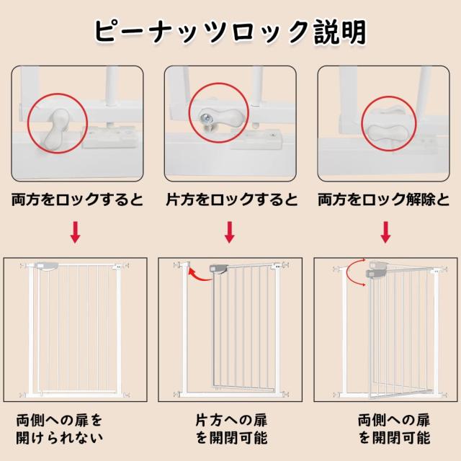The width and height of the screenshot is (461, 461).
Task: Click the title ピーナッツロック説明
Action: coord(230,32)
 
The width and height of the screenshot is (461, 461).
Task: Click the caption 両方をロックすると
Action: coord(77,200)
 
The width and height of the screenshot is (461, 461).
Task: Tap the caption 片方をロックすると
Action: coord(230,200)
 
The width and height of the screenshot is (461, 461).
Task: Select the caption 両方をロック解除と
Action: coord(385,200)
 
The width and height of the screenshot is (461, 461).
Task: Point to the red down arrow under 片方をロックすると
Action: coord(230,233)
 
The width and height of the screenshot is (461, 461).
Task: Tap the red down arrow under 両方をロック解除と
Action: coord(385,233)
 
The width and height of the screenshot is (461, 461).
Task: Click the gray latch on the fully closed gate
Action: coord(48,267)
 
